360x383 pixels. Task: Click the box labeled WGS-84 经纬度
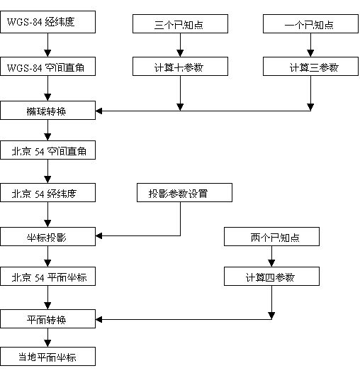click(47, 23)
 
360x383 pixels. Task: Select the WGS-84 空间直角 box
click(47, 67)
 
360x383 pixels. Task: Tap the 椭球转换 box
click(47, 110)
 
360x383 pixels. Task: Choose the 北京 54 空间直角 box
click(47, 151)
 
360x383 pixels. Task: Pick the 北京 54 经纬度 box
click(47, 193)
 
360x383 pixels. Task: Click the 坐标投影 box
click(47, 235)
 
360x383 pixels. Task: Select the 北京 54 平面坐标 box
click(47, 277)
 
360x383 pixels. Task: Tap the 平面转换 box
click(47, 319)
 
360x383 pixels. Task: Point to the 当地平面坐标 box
click(47, 357)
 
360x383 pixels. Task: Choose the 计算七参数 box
click(181, 67)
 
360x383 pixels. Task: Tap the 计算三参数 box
click(309, 67)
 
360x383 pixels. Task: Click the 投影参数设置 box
click(181, 193)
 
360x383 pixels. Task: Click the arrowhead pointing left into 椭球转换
click(99, 110)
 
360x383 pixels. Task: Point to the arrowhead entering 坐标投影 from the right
click(99, 235)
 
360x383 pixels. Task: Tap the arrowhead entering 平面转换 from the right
click(99, 319)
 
